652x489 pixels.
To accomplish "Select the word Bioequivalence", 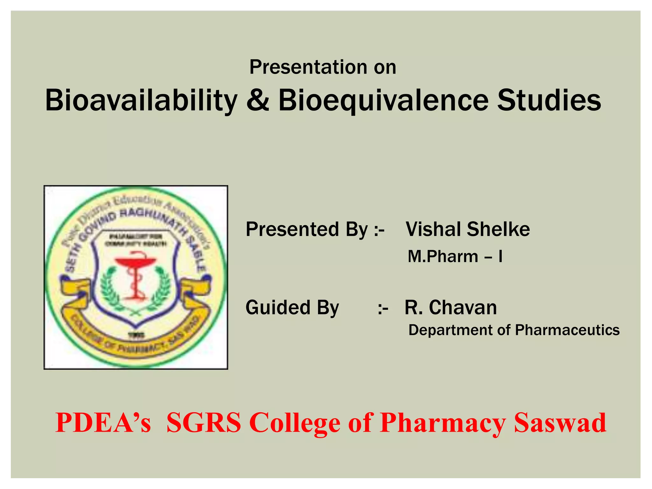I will click(x=383, y=101).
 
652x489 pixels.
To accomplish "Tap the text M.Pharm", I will click(x=443, y=257).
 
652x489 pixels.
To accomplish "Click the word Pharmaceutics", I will click(x=567, y=330).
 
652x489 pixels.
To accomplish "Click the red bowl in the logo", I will click(x=136, y=262).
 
